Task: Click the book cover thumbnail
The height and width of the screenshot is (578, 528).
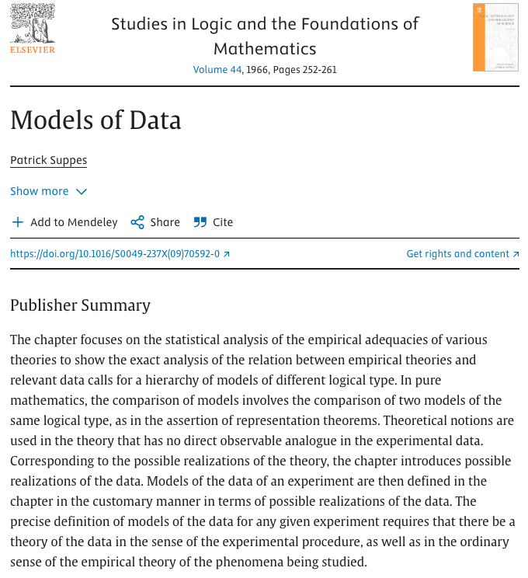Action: [495, 37]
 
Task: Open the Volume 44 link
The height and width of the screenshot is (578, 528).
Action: [217, 70]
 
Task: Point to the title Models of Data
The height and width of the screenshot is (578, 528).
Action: [96, 120]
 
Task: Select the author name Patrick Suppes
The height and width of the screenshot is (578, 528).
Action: [48, 161]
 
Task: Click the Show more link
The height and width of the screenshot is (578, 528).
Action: [40, 191]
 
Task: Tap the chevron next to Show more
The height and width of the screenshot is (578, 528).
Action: [82, 192]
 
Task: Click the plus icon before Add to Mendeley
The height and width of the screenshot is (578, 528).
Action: [17, 222]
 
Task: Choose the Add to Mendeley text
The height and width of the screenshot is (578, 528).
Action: [74, 222]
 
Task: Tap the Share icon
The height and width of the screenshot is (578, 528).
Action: [137, 222]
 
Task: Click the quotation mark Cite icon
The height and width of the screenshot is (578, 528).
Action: [200, 222]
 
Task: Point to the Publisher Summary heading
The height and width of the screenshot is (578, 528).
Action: [80, 305]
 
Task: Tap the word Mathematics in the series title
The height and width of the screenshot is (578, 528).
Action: [265, 48]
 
